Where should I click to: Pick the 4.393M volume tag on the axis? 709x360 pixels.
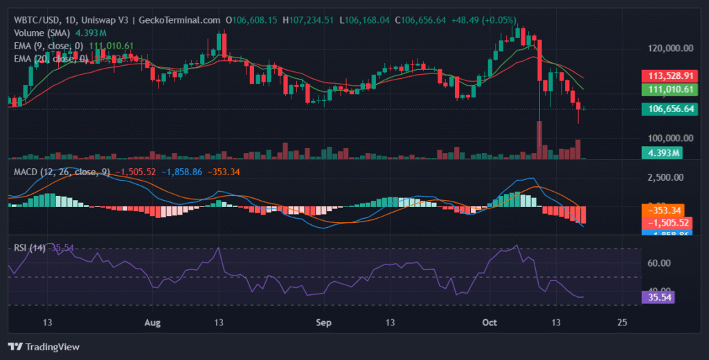tap(658, 153)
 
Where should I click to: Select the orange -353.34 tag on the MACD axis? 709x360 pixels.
tap(665, 210)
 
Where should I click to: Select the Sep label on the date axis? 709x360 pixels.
tap(323, 323)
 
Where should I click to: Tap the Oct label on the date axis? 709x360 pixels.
tap(490, 323)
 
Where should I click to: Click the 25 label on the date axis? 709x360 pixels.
tap(622, 323)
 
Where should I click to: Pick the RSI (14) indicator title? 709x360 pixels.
tap(30, 247)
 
